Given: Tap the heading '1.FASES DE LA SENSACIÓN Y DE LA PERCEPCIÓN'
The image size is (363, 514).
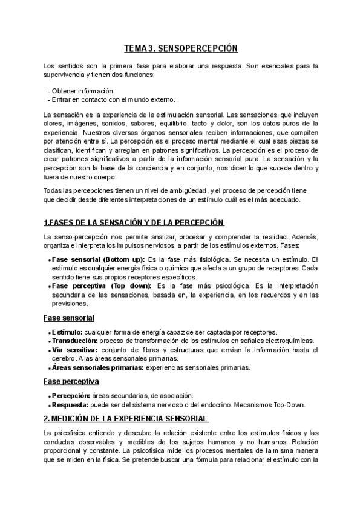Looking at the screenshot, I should (x=134, y=222).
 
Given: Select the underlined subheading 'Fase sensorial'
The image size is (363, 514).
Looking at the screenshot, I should (x=68, y=318).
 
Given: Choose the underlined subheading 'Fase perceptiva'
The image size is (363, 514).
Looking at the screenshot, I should (x=71, y=381).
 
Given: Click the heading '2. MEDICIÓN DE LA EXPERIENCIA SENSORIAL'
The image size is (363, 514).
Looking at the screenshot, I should (x=126, y=419).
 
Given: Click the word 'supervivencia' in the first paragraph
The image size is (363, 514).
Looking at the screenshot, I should (x=64, y=75).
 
